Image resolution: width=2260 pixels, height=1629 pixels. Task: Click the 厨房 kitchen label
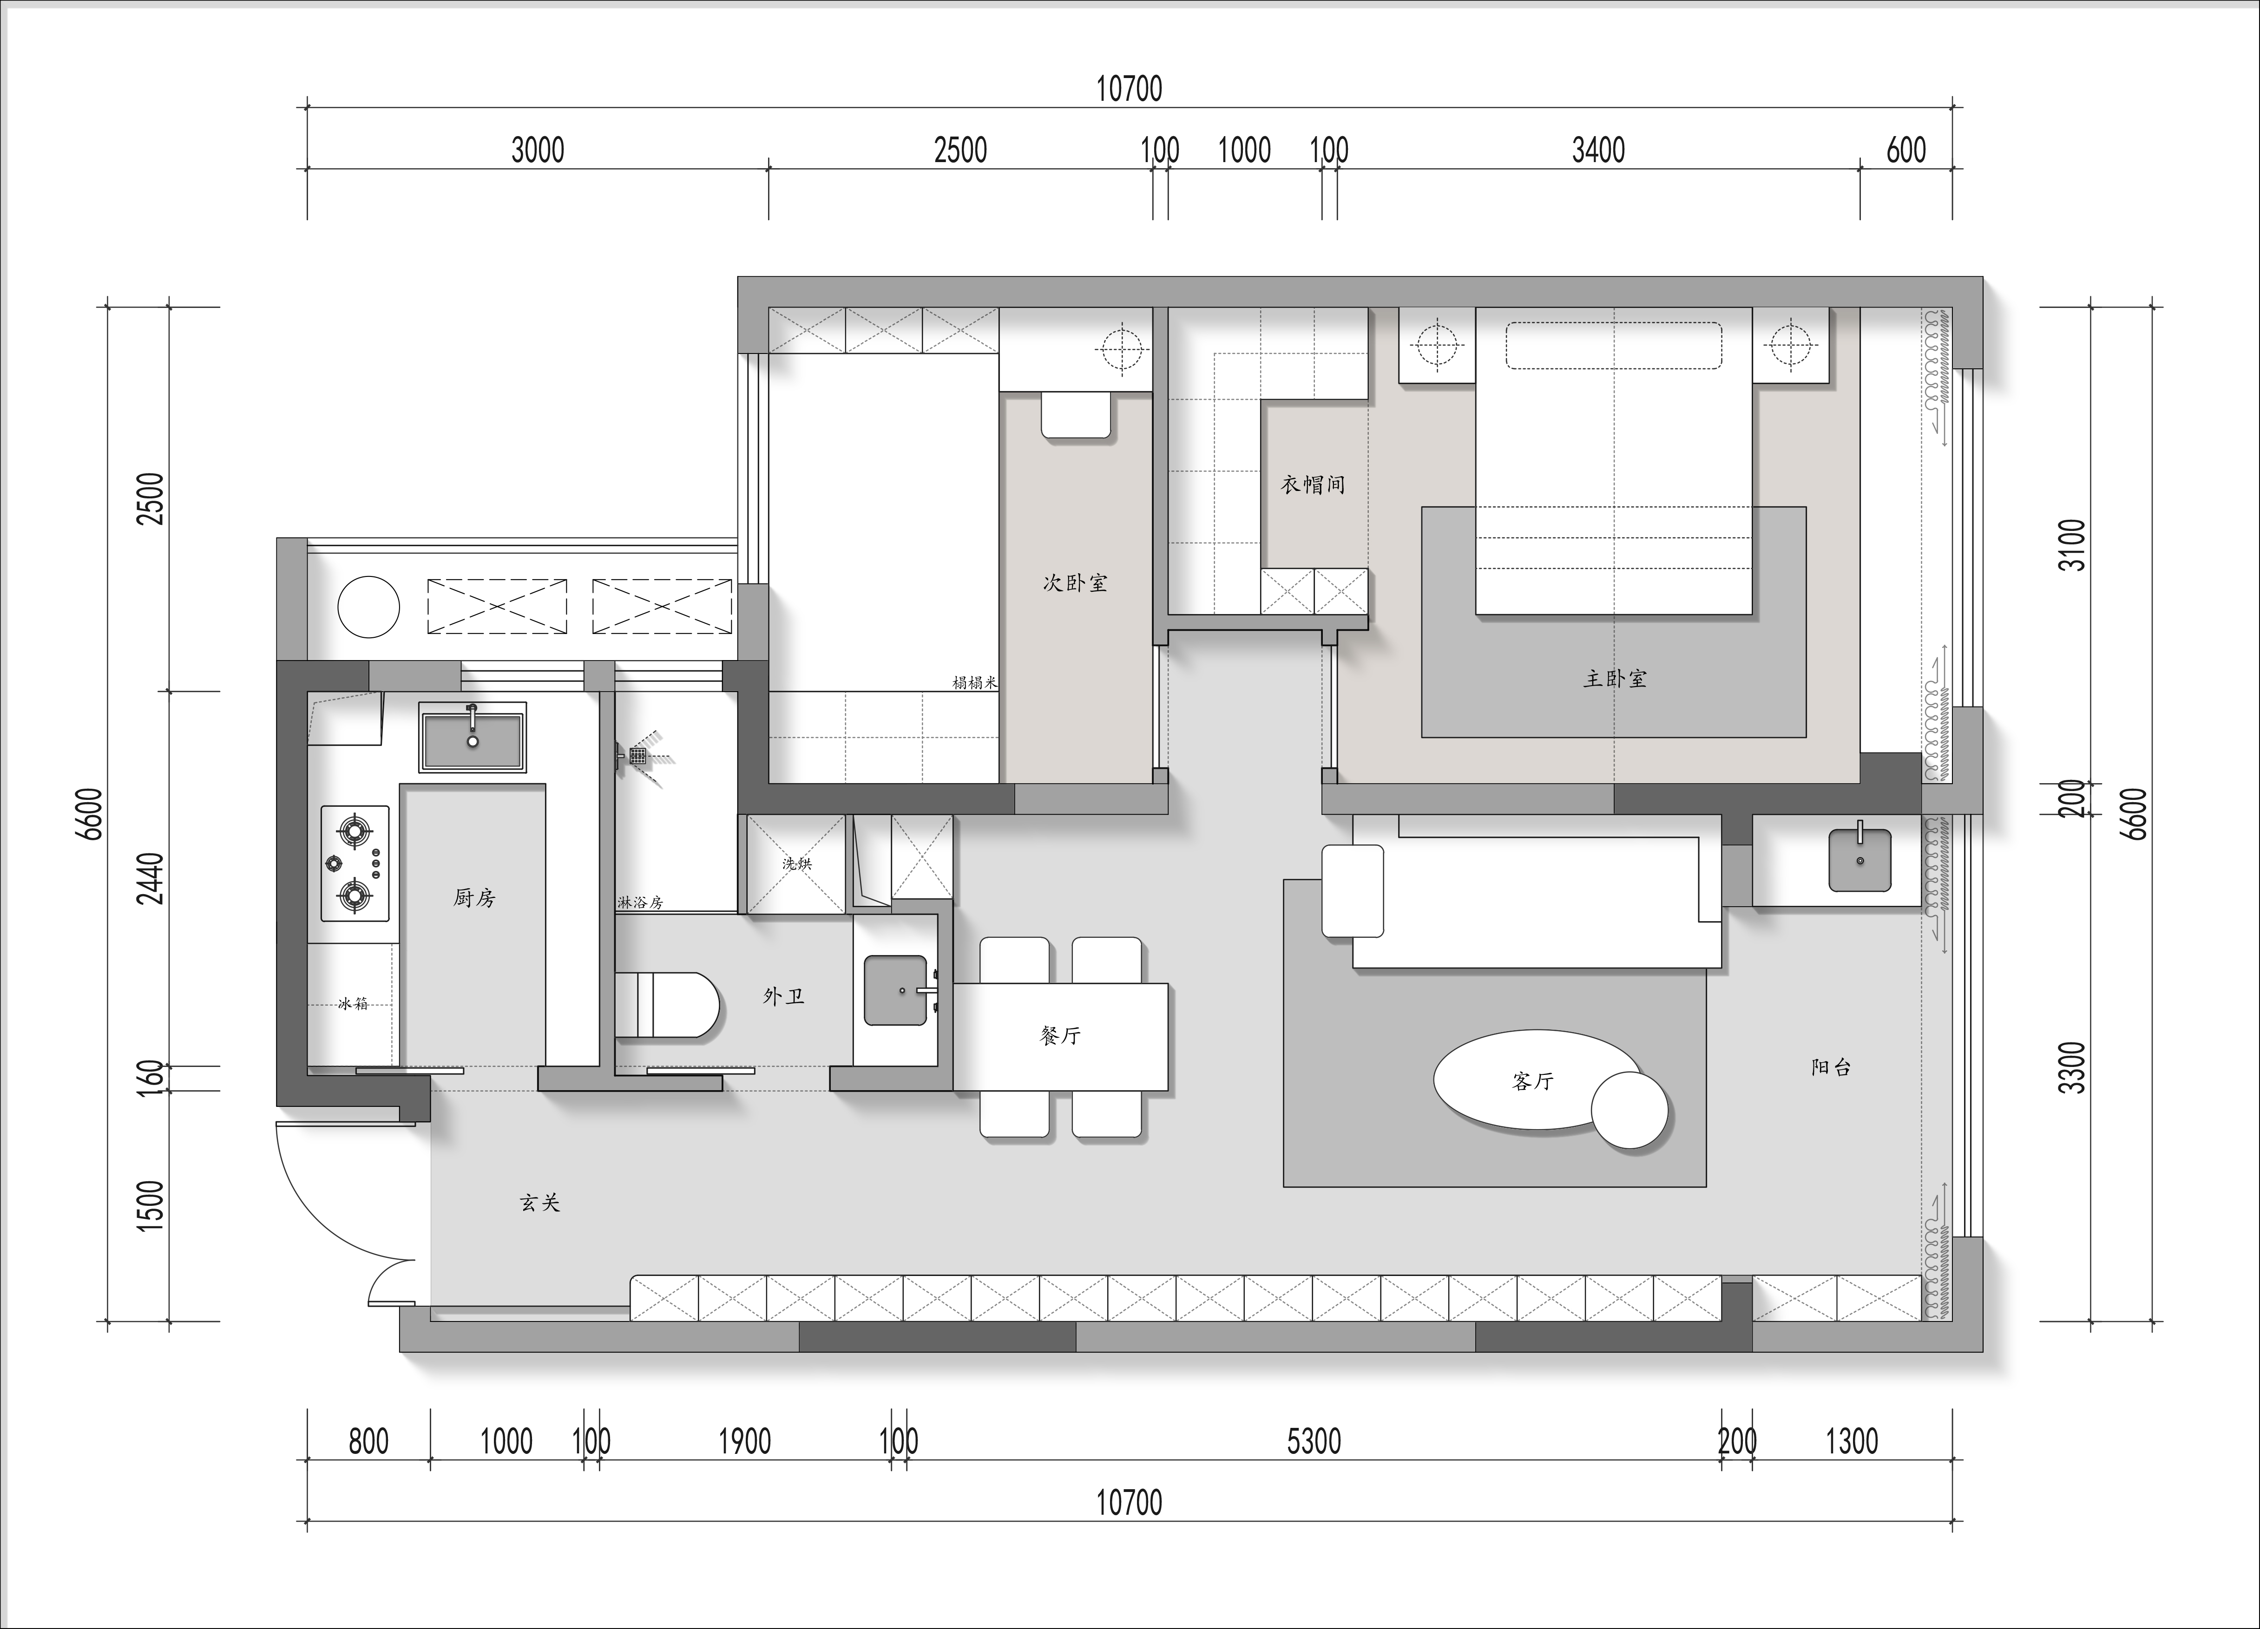pos(474,898)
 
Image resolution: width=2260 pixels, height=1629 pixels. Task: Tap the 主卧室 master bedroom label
pos(1615,679)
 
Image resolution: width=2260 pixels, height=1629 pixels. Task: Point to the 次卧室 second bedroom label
pos(1075,583)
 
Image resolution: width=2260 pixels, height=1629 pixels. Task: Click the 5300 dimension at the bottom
pos(1314,1441)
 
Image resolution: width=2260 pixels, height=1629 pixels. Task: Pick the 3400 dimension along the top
pos(1598,150)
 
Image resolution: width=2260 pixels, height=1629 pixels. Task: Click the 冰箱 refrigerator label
pos(353,1003)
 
